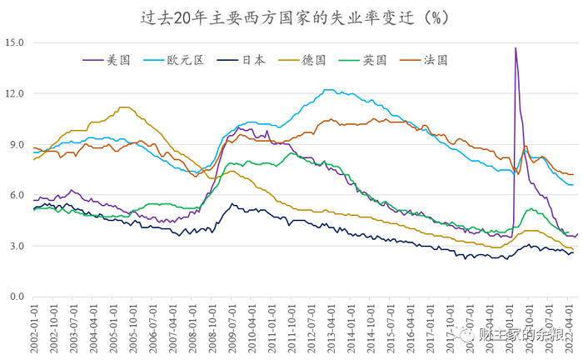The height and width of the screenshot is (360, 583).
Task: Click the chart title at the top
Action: (x=291, y=16)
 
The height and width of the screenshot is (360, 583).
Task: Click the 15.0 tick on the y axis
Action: (x=14, y=42)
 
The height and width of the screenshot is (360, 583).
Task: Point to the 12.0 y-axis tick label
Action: (x=14, y=93)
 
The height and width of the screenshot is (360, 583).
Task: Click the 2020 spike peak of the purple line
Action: (x=516, y=48)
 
